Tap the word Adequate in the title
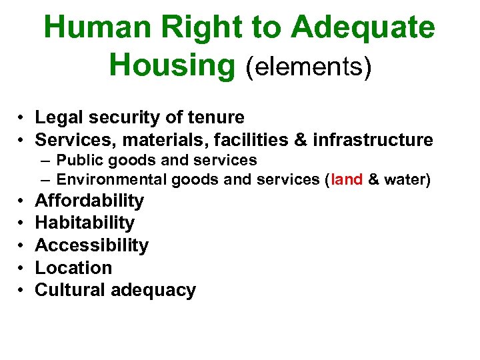363,28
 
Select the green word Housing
172,65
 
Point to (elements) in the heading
309,66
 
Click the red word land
346,179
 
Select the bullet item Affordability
89,201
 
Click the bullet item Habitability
85,223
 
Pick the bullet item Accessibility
91,245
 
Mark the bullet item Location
73,267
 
